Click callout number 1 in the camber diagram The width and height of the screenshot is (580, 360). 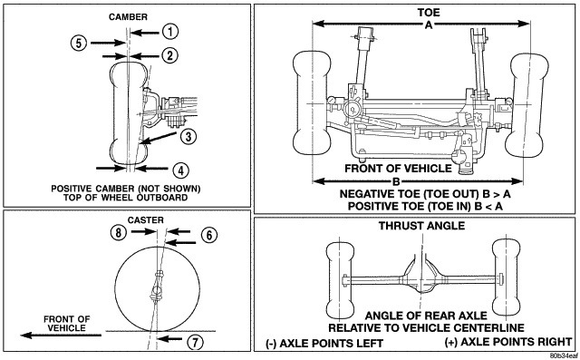[170, 32]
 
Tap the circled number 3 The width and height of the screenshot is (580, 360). [188, 137]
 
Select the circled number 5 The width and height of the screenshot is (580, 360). [79, 44]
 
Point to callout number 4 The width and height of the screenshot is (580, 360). [181, 170]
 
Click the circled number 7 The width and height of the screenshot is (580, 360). [195, 342]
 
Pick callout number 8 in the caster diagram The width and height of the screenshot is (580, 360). [119, 232]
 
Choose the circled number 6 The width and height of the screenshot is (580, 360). [209, 235]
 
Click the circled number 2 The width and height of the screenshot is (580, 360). [169, 55]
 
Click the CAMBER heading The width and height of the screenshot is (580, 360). [128, 17]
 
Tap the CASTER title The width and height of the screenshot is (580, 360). [145, 220]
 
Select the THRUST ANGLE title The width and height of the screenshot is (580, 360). [421, 226]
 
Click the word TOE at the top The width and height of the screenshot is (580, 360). [429, 13]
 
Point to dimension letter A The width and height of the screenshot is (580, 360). [429, 24]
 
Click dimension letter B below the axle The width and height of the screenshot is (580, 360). [396, 181]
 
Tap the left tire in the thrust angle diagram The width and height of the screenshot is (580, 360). [341, 280]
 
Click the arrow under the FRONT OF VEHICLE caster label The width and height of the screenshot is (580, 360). [61, 336]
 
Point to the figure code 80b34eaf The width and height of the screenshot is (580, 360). [564, 356]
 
